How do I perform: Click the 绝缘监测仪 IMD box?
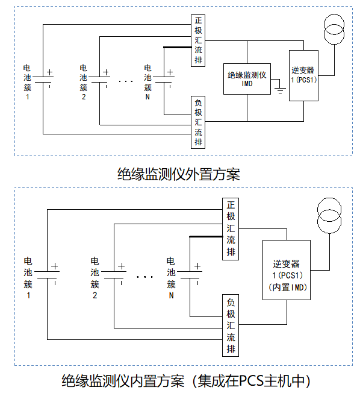(247, 79)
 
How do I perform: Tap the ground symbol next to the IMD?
(280, 90)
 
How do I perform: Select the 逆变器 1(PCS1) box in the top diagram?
(303, 76)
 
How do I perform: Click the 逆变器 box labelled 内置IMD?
(287, 270)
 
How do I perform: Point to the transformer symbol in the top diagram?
(334, 29)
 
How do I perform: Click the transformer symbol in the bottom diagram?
(329, 216)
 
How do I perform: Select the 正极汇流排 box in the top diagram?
(198, 40)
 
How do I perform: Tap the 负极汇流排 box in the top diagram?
(198, 122)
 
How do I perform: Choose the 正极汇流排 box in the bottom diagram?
(231, 229)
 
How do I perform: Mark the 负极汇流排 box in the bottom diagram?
(231, 325)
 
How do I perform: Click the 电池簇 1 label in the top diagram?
(27, 82)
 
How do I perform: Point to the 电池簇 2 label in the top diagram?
(84, 82)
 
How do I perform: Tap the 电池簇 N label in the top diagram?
(147, 82)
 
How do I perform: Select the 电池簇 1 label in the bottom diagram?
(28, 278)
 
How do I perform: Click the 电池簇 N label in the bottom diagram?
(171, 278)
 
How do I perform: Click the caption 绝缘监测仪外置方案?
(179, 174)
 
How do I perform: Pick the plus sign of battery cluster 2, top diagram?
(106, 72)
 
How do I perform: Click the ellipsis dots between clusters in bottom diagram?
(144, 277)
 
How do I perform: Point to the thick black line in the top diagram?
(178, 47)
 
